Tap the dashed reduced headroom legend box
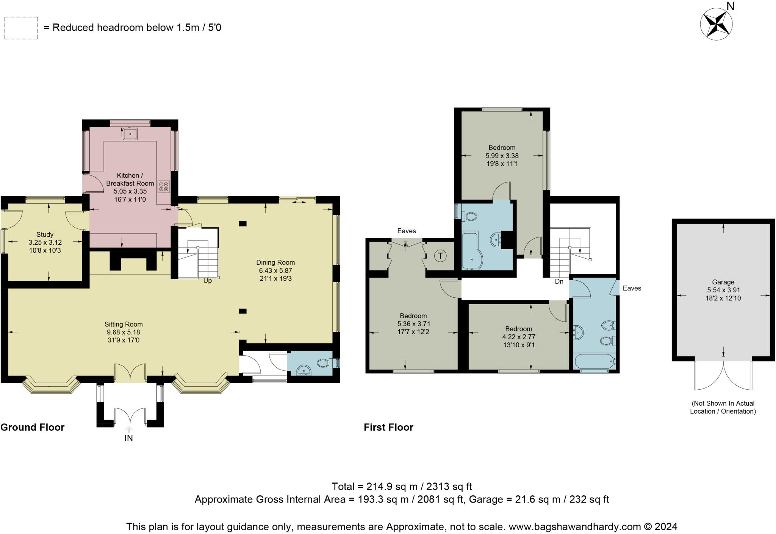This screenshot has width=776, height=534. (21, 28)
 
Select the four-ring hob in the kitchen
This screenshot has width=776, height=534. (164, 186)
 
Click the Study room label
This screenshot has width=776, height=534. (45, 234)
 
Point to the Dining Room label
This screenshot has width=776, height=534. (275, 262)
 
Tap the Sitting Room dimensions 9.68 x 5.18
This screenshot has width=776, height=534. (124, 332)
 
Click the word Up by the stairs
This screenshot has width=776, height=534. (208, 281)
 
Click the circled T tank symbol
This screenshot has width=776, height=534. (440, 256)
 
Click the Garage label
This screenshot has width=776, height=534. (723, 282)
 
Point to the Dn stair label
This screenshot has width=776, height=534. (559, 281)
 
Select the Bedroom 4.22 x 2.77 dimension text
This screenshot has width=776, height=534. (518, 337)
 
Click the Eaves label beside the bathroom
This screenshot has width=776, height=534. (632, 288)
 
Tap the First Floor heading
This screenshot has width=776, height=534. (388, 427)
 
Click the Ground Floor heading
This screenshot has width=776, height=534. (33, 427)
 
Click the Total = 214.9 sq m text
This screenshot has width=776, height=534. (402, 486)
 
